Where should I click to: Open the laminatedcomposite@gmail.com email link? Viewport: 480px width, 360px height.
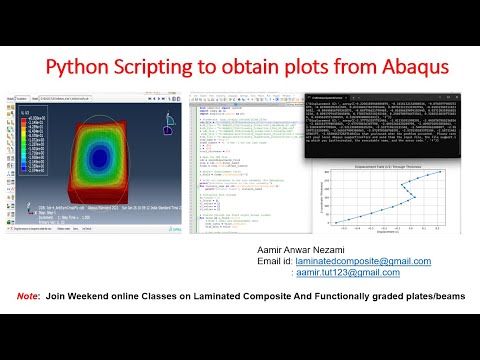click(370, 261)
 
